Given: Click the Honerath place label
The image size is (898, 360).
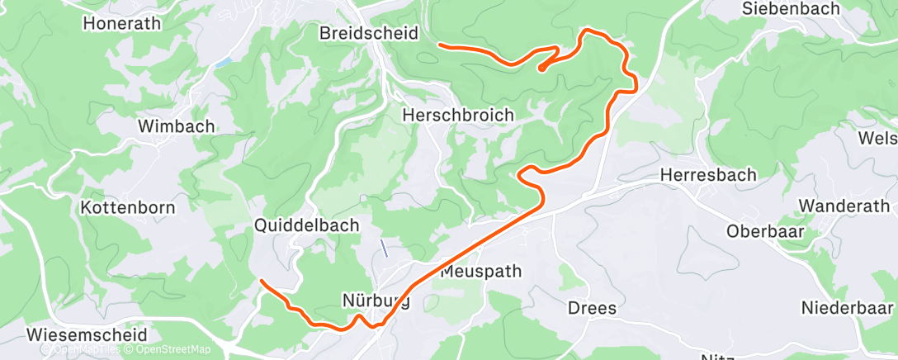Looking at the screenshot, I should [121, 23].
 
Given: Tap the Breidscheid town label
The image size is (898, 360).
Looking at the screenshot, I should [369, 33].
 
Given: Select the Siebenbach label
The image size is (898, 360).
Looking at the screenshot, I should [791, 9].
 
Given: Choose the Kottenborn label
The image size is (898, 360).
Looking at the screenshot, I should [127, 207].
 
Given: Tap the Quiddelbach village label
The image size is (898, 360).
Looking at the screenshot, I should [307, 225].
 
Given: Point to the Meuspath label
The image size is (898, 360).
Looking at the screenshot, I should [482, 272].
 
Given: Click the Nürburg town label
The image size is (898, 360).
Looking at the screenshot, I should [376, 301].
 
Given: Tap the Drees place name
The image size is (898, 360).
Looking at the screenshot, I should [592, 308].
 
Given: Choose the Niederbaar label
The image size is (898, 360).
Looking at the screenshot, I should [848, 307].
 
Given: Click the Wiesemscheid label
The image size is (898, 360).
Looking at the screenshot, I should [87, 335].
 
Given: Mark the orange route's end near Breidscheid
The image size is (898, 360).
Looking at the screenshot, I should [439, 44].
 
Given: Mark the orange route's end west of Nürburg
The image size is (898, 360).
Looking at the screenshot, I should [262, 282].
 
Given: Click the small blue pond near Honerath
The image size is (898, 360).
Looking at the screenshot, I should [222, 62].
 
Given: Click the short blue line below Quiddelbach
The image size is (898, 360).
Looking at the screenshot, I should [383, 247].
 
